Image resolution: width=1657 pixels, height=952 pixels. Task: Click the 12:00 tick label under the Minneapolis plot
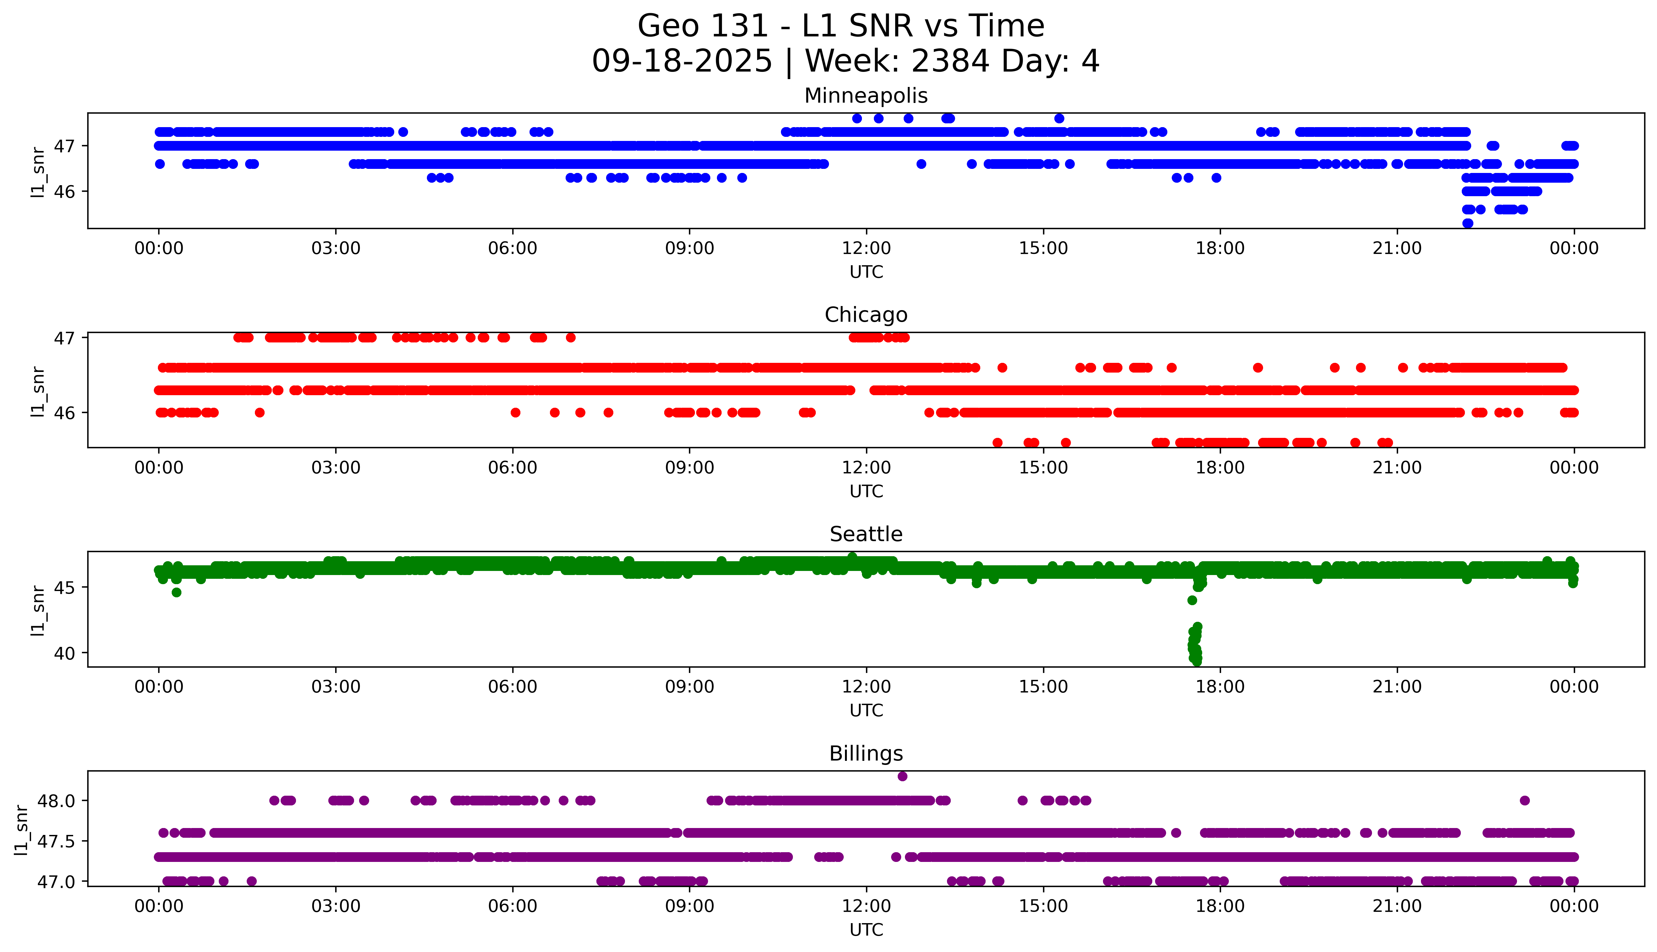866,249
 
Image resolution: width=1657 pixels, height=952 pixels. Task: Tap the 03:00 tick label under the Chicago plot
336,467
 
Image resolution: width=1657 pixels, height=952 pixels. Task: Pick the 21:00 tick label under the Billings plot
1397,906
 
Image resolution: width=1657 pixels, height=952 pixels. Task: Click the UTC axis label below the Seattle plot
866,710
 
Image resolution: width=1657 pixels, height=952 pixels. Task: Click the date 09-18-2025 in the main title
682,62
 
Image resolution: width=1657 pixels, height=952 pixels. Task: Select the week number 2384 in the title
950,62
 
